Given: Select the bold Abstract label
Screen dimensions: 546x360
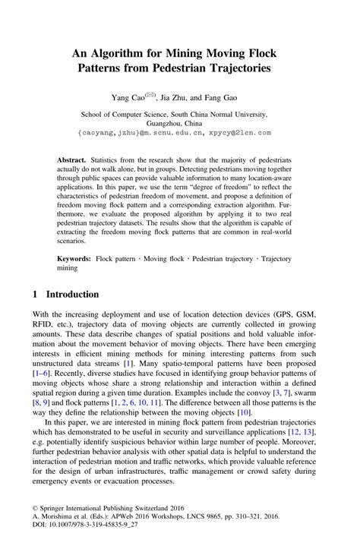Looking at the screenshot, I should pyautogui.click(x=72, y=162).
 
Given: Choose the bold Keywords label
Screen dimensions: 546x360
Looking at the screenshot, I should pyautogui.click(x=74, y=259).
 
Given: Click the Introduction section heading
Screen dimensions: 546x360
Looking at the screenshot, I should pyautogui.click(x=73, y=295).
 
